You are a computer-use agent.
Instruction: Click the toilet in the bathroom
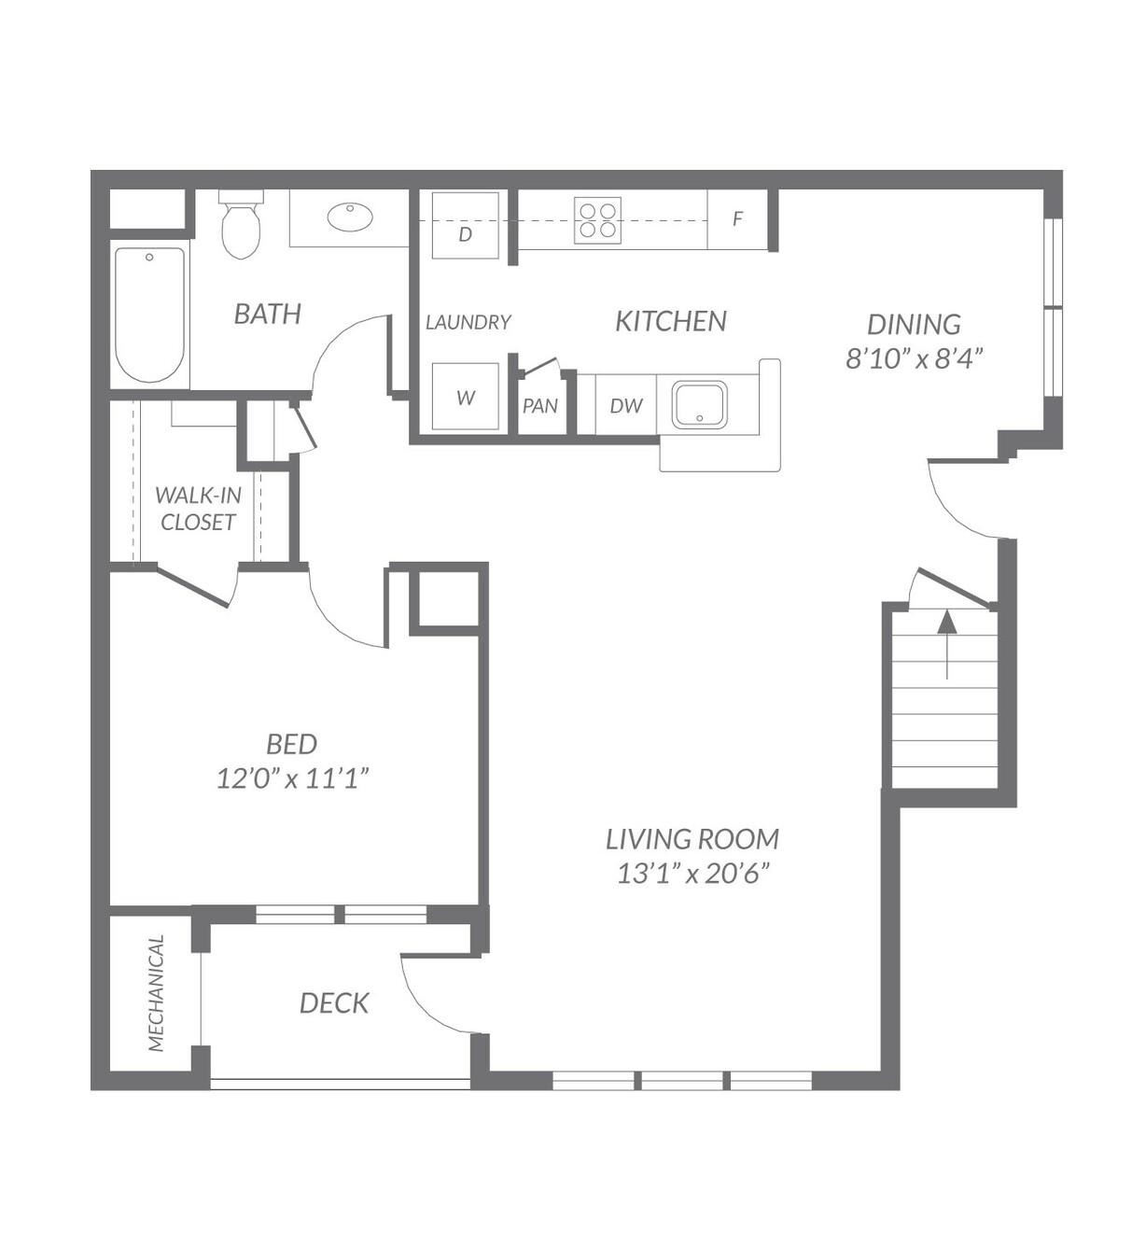tap(241, 224)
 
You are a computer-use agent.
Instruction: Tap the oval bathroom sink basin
tap(350, 217)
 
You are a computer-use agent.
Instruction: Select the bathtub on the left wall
tap(150, 315)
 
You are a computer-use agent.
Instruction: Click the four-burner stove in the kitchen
tap(597, 220)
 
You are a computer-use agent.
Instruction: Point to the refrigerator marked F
tap(737, 219)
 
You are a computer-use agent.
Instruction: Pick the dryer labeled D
tap(466, 225)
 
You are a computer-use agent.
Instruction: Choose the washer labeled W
tap(466, 396)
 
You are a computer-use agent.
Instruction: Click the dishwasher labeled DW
tap(626, 405)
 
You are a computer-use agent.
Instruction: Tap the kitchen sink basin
tap(699, 404)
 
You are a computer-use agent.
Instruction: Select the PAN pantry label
tap(540, 406)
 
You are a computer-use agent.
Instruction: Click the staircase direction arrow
tap(946, 643)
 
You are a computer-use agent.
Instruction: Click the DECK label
tap(334, 1002)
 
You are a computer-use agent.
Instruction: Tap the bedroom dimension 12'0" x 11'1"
tap(293, 778)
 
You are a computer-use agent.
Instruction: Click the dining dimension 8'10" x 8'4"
tap(914, 358)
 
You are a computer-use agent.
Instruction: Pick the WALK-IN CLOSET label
tap(198, 509)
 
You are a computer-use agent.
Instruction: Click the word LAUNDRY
tap(468, 322)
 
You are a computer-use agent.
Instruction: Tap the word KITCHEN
tap(671, 321)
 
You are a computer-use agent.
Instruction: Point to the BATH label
tap(268, 314)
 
